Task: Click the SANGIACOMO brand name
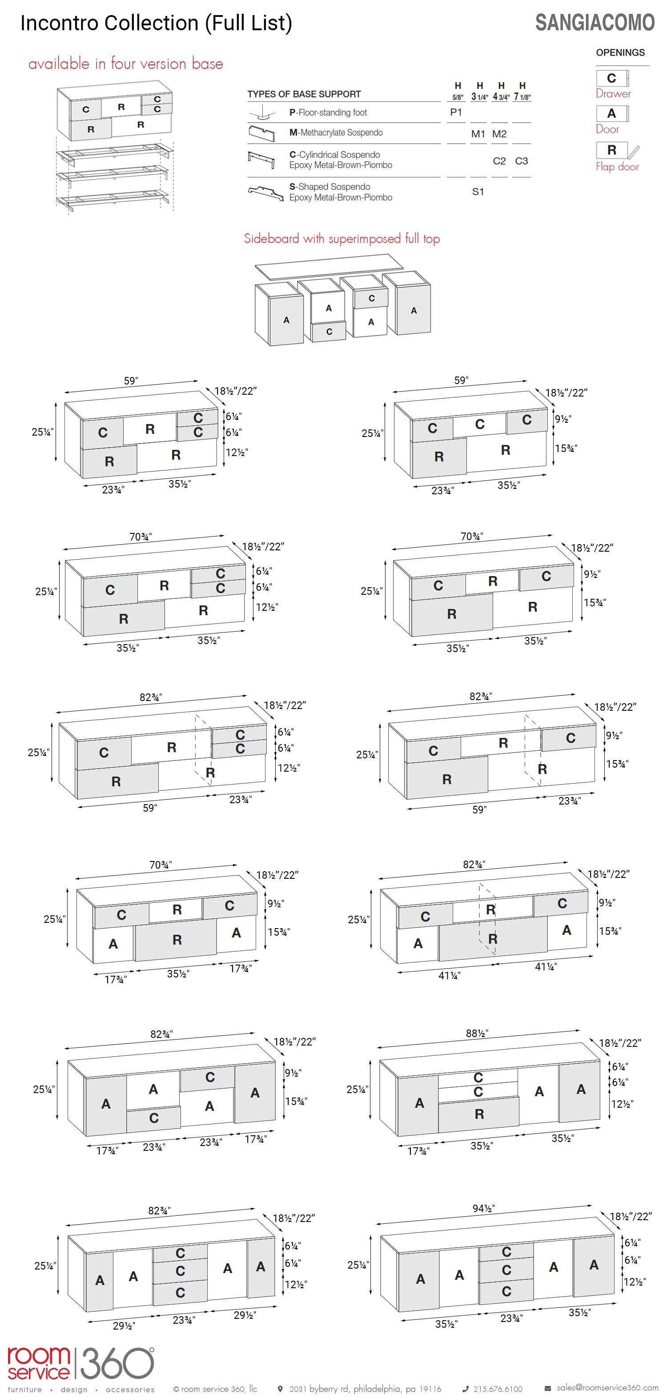[x=595, y=22]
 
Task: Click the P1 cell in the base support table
[x=456, y=112]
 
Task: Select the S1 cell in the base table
[x=478, y=192]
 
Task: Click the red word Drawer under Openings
[x=613, y=93]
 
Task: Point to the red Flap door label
[x=617, y=167]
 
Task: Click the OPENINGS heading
[x=620, y=52]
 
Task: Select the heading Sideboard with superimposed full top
[x=342, y=238]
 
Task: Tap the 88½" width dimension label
[x=477, y=1033]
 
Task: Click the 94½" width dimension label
[x=483, y=1208]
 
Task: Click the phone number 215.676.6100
[x=498, y=1389]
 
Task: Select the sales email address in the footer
[x=607, y=1387]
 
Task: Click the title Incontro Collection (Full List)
[x=157, y=23]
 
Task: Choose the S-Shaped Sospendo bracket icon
[x=265, y=193]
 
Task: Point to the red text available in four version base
[x=125, y=64]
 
